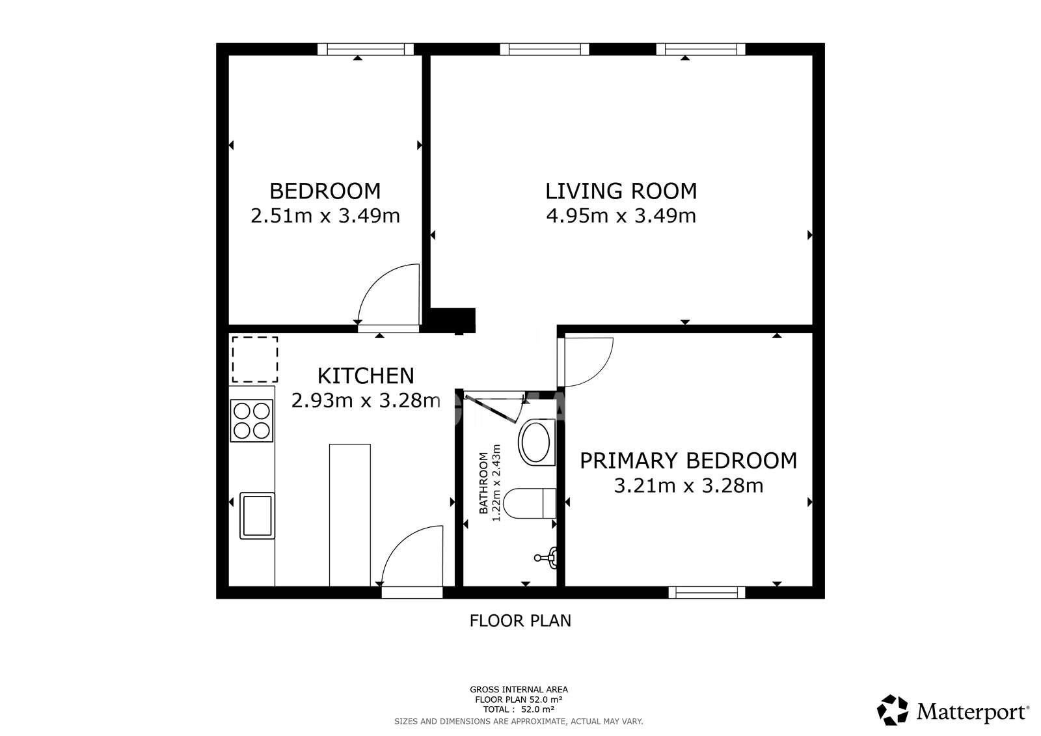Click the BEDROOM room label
[x=325, y=191]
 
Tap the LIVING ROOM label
[x=621, y=191]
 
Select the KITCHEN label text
[x=365, y=375]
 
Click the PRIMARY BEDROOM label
[x=688, y=460]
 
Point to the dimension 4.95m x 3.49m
[x=621, y=215]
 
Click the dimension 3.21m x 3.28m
[x=688, y=485]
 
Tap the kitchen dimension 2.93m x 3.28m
[x=365, y=400]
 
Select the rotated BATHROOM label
[x=483, y=483]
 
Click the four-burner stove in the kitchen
[x=252, y=420]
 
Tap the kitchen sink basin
[x=257, y=515]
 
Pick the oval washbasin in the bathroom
[x=535, y=443]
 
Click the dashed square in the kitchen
[x=255, y=359]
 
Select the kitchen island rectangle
[x=350, y=514]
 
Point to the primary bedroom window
[x=707, y=592]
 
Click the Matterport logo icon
[x=893, y=710]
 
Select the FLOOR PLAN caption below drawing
[x=520, y=621]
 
